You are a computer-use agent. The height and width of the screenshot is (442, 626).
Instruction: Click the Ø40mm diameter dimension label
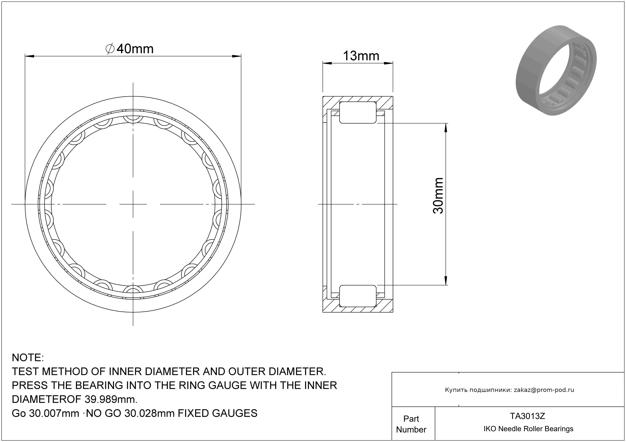(x=129, y=49)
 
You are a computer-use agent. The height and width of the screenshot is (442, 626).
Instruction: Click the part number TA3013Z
(x=528, y=416)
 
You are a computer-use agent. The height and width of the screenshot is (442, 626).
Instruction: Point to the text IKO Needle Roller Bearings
(x=528, y=429)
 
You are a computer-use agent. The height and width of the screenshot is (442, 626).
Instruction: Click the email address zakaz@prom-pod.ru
(x=544, y=390)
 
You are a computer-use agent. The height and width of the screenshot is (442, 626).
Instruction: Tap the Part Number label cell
(x=411, y=424)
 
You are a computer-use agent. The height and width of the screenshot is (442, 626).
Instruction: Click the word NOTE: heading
(x=28, y=358)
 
